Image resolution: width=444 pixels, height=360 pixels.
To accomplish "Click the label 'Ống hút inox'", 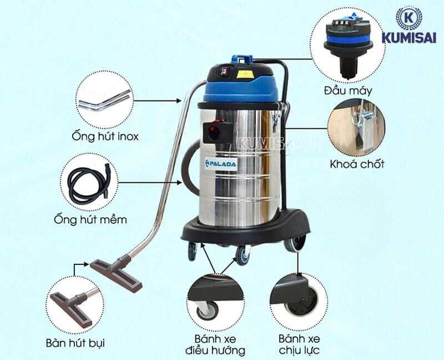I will tap(105, 136).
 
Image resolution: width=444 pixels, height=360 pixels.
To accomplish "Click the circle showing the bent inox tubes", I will tap(104, 100).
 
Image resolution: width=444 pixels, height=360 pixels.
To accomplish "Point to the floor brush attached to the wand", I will tap(117, 273).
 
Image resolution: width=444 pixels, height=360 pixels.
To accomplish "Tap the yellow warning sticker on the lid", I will tap(245, 73).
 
